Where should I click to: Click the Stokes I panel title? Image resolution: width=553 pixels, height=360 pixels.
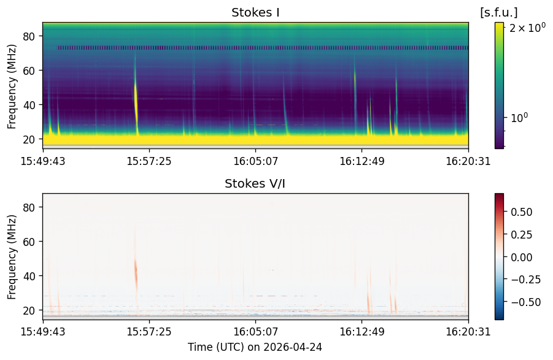[x=255, y=13]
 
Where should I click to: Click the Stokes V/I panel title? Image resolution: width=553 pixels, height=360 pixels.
[x=255, y=183]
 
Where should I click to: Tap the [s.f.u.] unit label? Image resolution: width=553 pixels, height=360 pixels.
[x=499, y=13]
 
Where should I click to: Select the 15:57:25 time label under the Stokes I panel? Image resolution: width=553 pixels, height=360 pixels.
[x=149, y=161]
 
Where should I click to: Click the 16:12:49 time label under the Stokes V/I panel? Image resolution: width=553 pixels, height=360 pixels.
[x=362, y=332]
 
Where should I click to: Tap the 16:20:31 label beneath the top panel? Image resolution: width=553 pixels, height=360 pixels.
[x=468, y=161]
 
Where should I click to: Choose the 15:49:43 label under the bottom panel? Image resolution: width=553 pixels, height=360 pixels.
[x=43, y=332]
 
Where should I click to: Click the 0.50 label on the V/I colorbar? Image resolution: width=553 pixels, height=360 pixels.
[x=521, y=212]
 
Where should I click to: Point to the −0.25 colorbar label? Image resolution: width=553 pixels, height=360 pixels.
[x=525, y=280]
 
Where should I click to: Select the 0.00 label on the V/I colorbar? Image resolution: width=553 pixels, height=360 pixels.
[x=521, y=257]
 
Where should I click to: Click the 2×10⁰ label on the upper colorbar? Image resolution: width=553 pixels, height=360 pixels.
[x=527, y=28]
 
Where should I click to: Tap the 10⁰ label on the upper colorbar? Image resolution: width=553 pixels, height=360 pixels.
[x=519, y=117]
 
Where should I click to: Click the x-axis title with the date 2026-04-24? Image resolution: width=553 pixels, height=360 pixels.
[x=255, y=347]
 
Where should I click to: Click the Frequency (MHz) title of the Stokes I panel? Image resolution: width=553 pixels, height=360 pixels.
[x=12, y=86]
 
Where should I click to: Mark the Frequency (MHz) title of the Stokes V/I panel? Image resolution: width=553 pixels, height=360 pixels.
[x=12, y=257]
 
